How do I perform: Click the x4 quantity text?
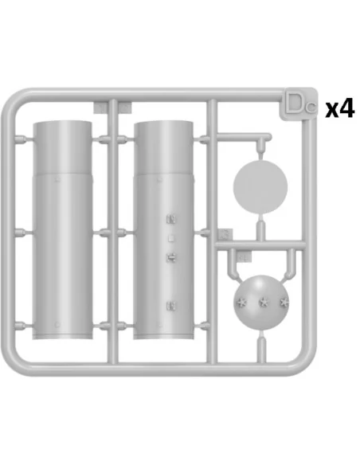pyautogui.click(x=340, y=108)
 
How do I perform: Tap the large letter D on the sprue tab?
pyautogui.click(x=294, y=104)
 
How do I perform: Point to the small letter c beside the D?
pyautogui.click(x=311, y=107)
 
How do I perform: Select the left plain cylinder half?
pyautogui.click(x=63, y=230)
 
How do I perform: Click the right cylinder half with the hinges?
pyautogui.click(x=163, y=230)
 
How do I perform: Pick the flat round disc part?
pyautogui.click(x=260, y=186)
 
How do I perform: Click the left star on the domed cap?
pyautogui.click(x=241, y=303)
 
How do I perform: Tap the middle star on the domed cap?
pyautogui.click(x=264, y=303)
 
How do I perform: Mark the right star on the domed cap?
pyautogui.click(x=284, y=303)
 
